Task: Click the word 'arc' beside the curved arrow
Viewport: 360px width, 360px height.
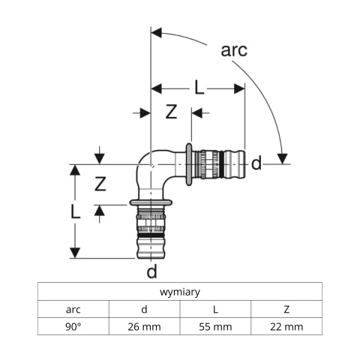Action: (234, 50)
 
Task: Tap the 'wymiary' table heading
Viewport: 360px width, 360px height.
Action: (180, 292)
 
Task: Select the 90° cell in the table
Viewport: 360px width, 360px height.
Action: (73, 326)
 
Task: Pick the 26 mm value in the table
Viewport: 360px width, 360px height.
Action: (144, 326)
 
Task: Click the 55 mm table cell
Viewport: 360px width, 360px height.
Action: (215, 326)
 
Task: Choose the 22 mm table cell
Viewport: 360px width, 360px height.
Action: (286, 326)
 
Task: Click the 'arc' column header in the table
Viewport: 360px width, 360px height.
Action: (73, 310)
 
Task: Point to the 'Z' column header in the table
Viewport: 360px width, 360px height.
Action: (286, 309)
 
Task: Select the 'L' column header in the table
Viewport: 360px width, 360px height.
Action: (215, 309)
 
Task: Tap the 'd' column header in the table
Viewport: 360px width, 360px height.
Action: (144, 309)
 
